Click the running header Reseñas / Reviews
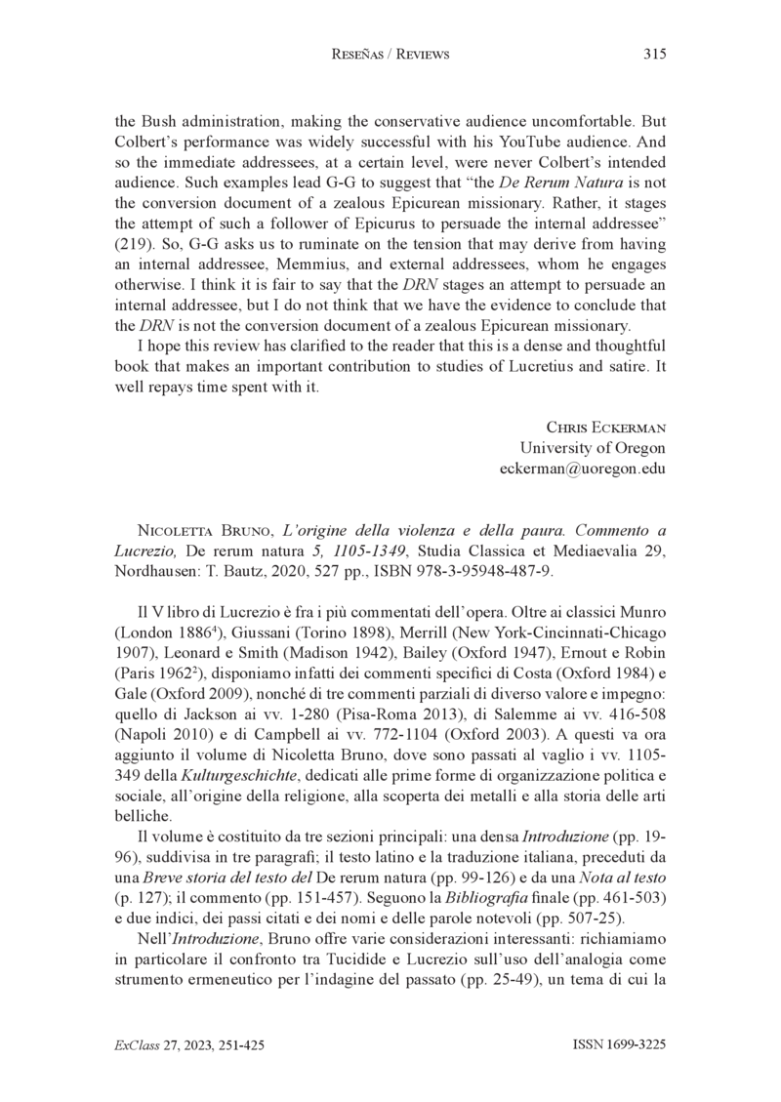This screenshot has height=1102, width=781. coord(390,55)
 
